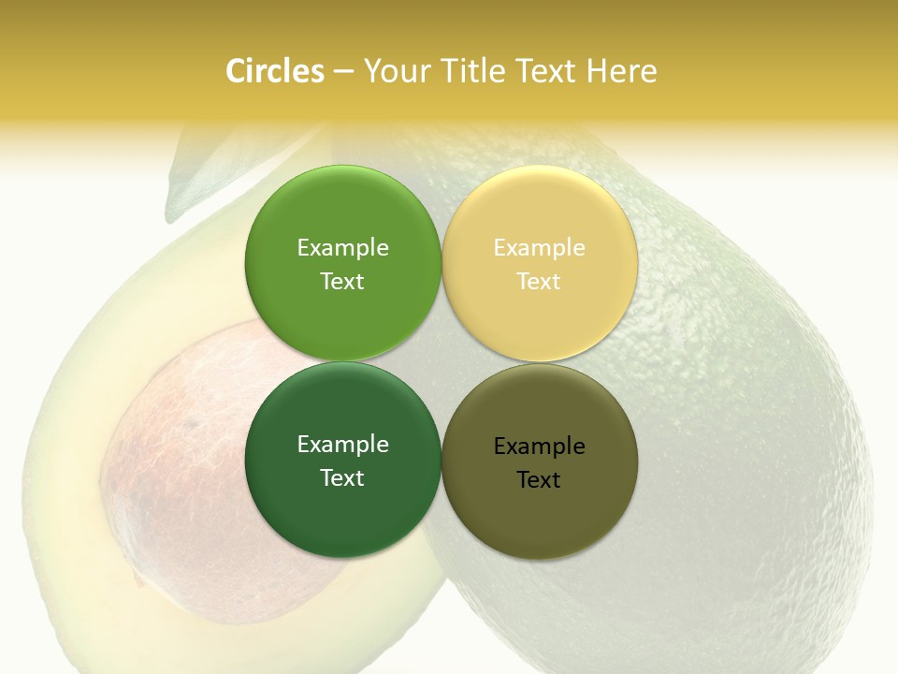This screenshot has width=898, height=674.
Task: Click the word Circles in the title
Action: pyautogui.click(x=274, y=71)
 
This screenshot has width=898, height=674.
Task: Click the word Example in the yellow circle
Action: pyautogui.click(x=539, y=248)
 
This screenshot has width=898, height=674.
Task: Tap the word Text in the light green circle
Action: pyautogui.click(x=342, y=282)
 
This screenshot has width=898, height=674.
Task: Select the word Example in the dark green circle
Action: pyautogui.click(x=342, y=445)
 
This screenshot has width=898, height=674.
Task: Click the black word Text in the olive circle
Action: pyautogui.click(x=539, y=480)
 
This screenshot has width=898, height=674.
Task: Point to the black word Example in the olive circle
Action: pyautogui.click(x=539, y=447)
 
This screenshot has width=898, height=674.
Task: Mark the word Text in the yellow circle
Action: pyautogui.click(x=539, y=282)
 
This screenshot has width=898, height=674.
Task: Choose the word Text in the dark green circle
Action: pyautogui.click(x=342, y=478)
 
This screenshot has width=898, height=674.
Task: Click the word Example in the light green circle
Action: pyautogui.click(x=342, y=248)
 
